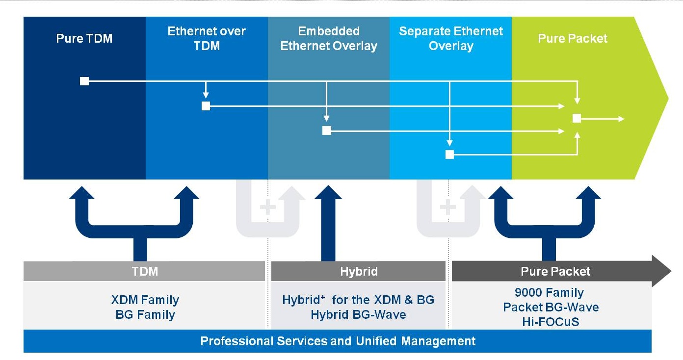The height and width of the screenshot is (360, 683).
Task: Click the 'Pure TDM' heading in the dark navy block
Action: point(84,38)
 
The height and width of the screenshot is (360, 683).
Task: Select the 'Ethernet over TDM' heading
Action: point(207,38)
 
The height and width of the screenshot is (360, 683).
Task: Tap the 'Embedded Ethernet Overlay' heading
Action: point(329,38)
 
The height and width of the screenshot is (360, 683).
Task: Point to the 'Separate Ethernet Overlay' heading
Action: point(451,38)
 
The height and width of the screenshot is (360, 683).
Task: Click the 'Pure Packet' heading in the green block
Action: point(573,38)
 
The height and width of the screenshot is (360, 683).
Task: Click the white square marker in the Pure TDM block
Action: point(84,81)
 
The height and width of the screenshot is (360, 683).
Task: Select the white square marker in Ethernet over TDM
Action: point(206,106)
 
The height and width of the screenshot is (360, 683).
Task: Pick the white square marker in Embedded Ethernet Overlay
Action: point(327,130)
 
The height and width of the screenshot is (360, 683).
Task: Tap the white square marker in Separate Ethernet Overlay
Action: point(449,154)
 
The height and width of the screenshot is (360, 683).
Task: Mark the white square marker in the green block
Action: point(577,118)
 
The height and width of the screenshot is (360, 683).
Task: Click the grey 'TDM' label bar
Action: point(145,271)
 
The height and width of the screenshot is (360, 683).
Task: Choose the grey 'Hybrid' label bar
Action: point(359,271)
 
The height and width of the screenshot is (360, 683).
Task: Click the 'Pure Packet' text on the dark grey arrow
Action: point(555,271)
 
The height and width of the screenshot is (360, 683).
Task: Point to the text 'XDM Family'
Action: point(145,300)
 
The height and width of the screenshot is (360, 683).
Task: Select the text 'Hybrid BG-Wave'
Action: point(358,314)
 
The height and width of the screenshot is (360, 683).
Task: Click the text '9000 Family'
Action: point(549,293)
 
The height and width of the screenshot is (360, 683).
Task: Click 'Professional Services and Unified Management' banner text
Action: point(338,341)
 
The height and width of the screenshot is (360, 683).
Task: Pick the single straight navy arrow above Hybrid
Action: point(328,226)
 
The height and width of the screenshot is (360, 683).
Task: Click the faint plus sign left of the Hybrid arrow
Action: point(268,207)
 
